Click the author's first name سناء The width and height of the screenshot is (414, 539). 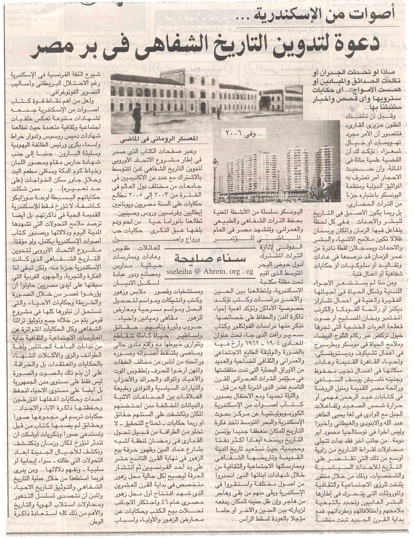(x=229, y=258)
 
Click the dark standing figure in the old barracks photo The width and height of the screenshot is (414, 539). (x=137, y=119)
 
